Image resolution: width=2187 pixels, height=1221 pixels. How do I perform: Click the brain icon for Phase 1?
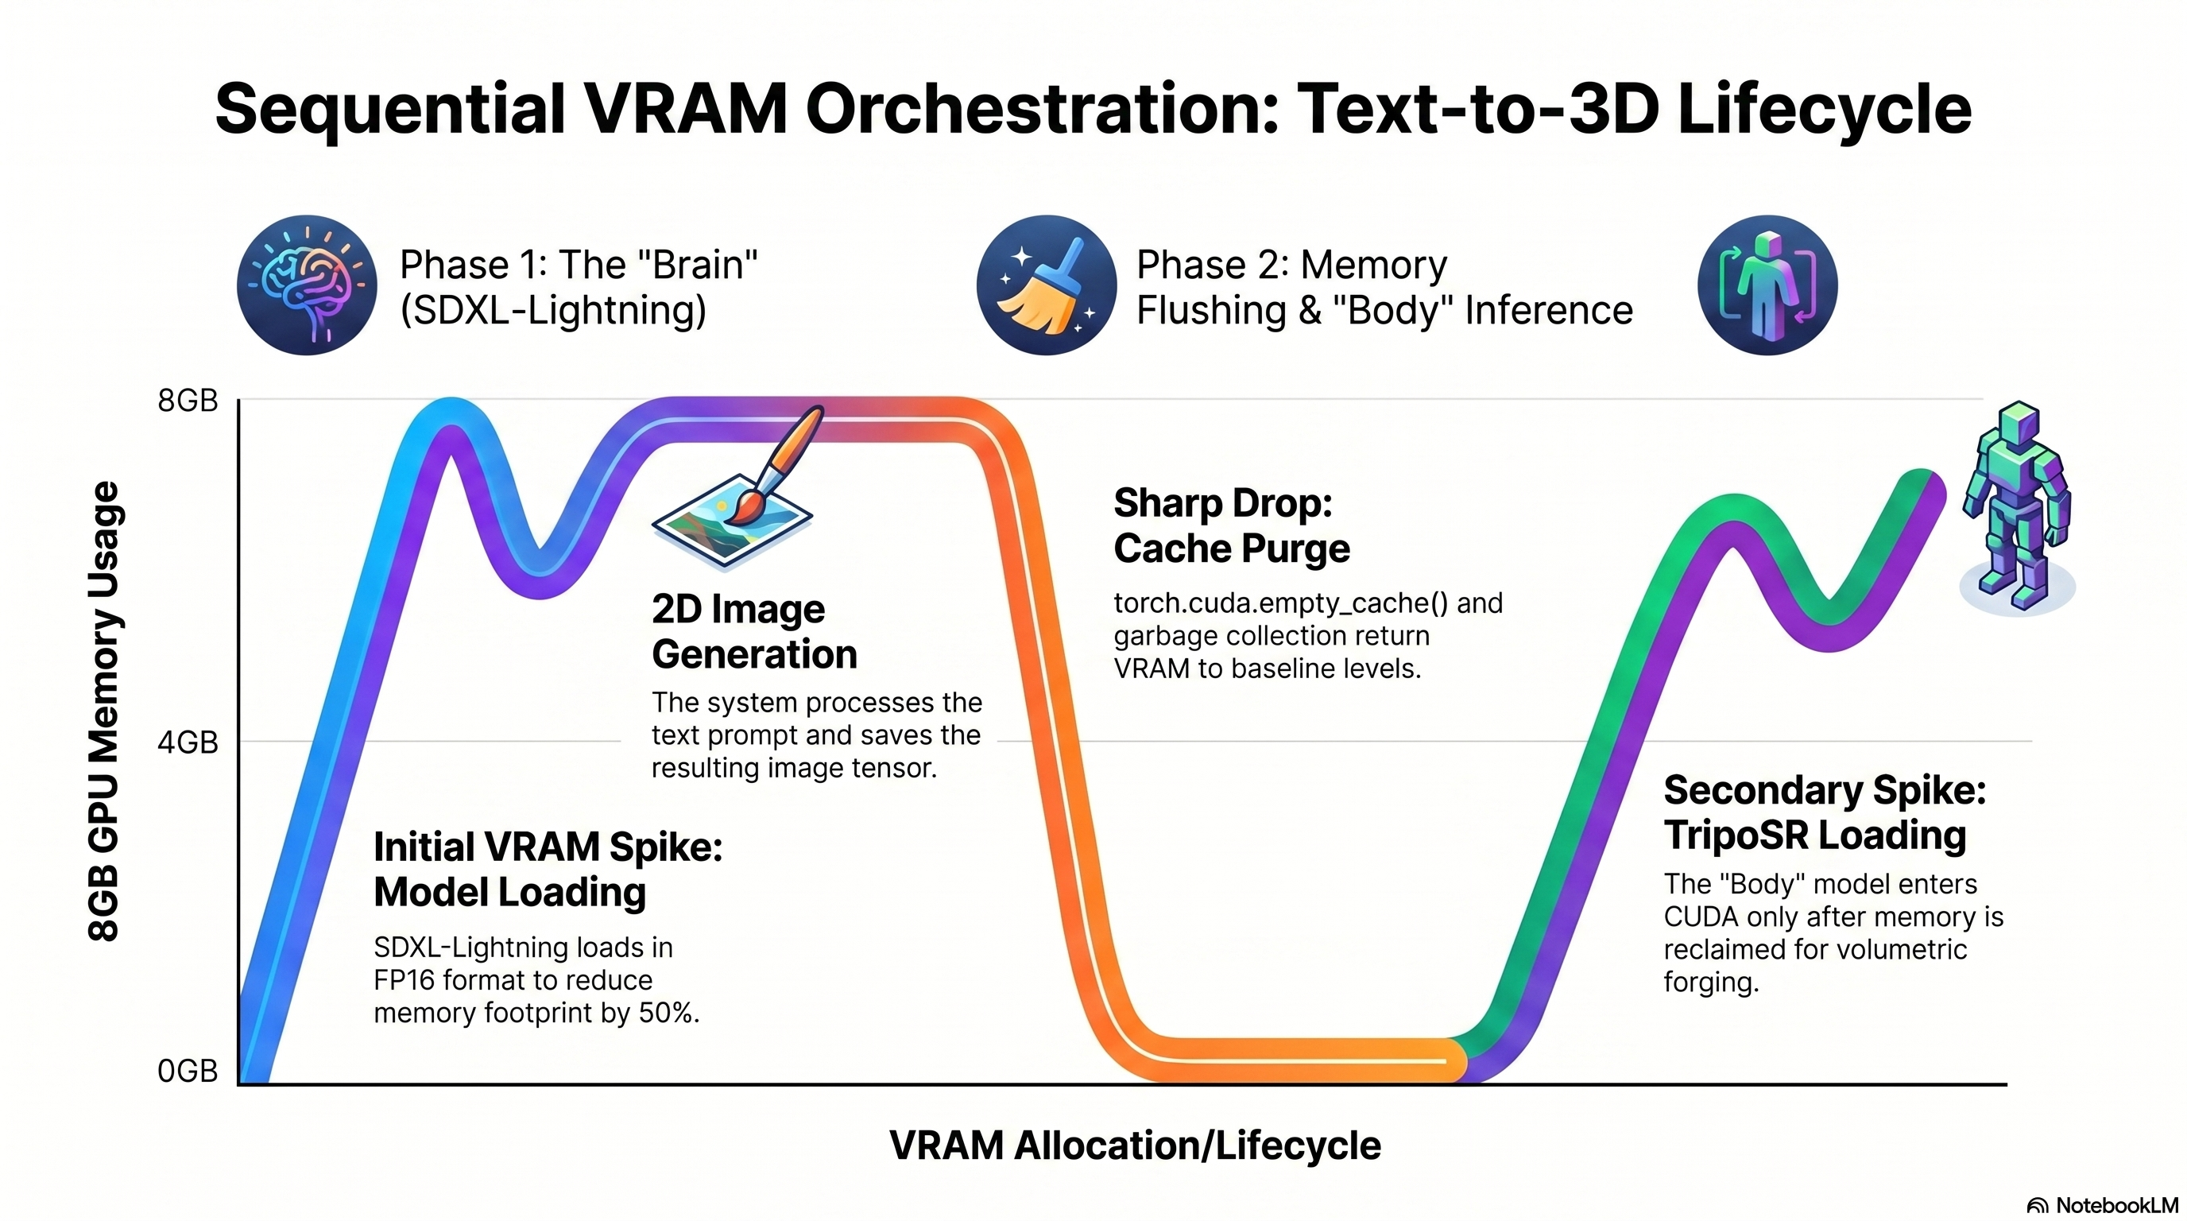307,285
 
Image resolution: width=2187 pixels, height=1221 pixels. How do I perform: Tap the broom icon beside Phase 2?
1046,285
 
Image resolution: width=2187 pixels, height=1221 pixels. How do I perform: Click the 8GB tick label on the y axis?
188,401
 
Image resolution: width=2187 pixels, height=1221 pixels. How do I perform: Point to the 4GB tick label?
188,743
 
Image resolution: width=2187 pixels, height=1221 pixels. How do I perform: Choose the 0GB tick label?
188,1072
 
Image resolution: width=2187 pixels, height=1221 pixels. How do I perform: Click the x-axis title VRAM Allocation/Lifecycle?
1135,1145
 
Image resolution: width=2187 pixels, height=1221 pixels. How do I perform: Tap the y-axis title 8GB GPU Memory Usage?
104,711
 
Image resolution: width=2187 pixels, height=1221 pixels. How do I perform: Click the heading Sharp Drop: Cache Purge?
1232,525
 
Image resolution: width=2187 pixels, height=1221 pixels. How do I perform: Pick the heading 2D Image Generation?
755,632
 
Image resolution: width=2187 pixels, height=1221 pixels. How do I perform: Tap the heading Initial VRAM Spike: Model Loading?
548,870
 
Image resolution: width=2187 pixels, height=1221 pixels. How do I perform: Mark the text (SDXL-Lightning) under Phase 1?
552,310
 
